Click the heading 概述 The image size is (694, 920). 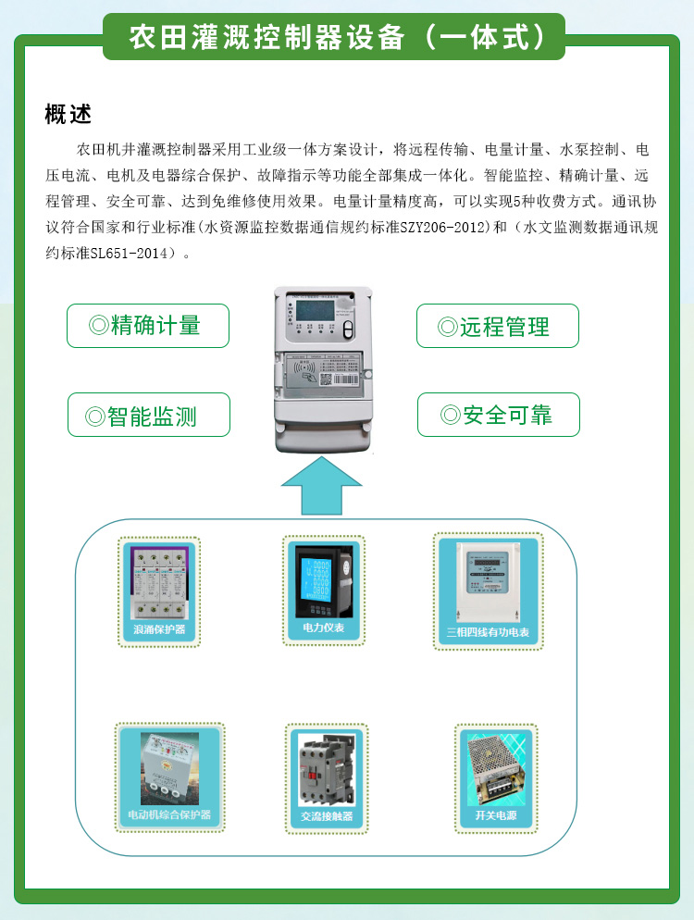[68, 115]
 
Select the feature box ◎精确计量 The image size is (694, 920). [148, 326]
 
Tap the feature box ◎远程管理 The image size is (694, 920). [497, 326]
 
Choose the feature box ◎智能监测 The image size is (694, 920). [148, 415]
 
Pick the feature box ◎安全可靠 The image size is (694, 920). [498, 415]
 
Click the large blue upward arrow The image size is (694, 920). [321, 485]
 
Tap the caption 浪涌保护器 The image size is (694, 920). [160, 630]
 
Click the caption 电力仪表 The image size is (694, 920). [323, 628]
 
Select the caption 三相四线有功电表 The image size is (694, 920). [487, 632]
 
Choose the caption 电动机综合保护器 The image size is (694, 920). [169, 815]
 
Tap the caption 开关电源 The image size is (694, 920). [496, 815]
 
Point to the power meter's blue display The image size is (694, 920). [320, 578]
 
